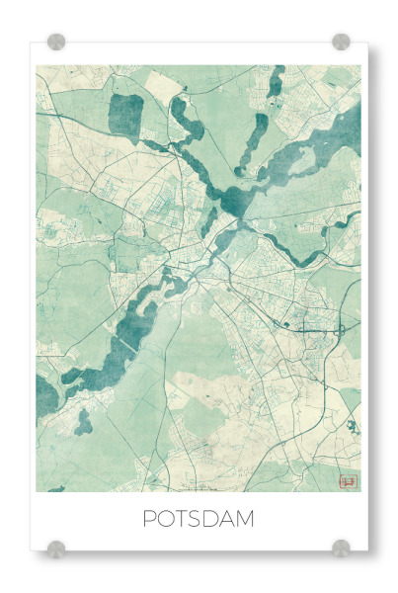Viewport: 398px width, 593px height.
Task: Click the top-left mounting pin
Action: (56, 42)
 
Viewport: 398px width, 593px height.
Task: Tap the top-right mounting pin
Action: (341, 42)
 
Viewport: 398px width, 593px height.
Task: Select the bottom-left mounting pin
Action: (56, 547)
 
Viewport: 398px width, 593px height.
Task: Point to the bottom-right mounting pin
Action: (341, 547)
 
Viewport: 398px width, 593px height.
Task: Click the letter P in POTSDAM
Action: (149, 518)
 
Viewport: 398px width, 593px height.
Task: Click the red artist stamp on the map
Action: (347, 480)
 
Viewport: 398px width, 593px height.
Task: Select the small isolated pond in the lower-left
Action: (84, 423)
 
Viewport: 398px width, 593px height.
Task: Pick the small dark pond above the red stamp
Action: (352, 427)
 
